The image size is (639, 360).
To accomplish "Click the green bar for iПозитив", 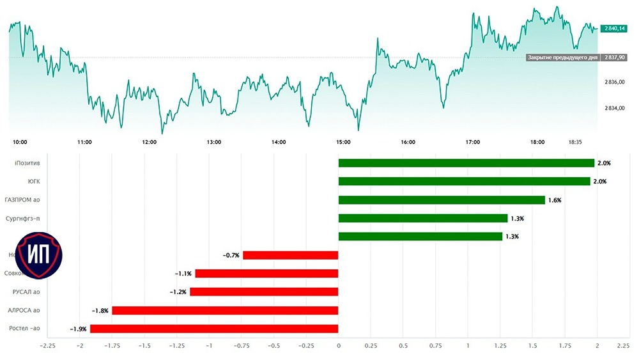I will (x=466, y=163).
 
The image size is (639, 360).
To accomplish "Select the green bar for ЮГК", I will (x=464, y=182).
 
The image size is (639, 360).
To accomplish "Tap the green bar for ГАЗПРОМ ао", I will (x=441, y=200).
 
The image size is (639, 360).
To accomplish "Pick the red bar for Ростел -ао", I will (x=214, y=329).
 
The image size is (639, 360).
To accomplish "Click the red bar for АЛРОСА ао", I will (x=225, y=311).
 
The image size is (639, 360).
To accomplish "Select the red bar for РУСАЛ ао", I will (x=264, y=292).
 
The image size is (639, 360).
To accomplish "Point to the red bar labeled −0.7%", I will (x=290, y=255).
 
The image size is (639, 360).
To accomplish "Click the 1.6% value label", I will (x=555, y=200).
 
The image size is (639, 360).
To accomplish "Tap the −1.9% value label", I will (x=78, y=329).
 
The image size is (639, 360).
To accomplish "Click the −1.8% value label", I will (x=100, y=311).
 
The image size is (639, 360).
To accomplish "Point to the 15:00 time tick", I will (x=343, y=142).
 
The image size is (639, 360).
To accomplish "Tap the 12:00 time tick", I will (x=150, y=142).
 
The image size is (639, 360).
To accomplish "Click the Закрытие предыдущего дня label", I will (x=562, y=58).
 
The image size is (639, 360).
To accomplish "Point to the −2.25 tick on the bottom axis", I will (x=47, y=346).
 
